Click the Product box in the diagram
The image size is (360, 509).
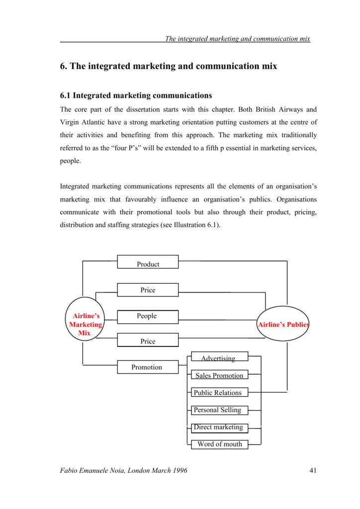[148, 261]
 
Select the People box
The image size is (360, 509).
[148, 317]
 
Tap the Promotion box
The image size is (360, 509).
[148, 367]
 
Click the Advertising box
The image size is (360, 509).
[219, 356]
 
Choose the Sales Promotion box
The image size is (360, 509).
[219, 375]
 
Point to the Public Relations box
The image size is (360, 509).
[219, 392]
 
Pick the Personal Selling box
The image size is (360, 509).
[219, 410]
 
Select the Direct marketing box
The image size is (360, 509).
[219, 428]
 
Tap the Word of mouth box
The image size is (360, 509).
[219, 444]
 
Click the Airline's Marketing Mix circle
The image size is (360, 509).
[85, 319]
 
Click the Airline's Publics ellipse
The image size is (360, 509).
[283, 324]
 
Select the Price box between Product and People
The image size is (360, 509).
[148, 290]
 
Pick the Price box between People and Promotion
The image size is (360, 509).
[148, 340]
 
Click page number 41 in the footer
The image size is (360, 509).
[313, 470]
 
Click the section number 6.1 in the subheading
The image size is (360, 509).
[65, 95]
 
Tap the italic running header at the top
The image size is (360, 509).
[238, 39]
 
